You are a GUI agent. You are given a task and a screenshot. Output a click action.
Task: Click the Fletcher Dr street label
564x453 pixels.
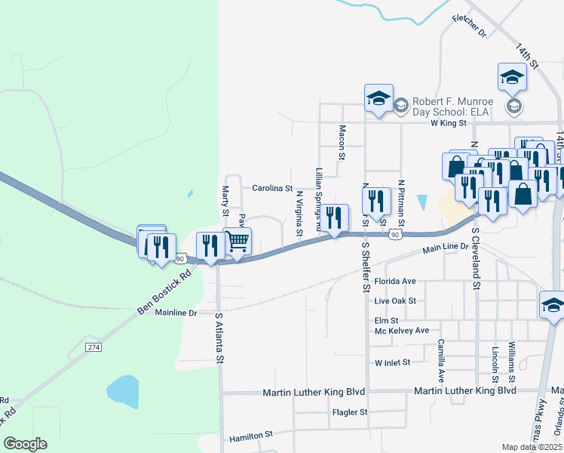[x=469, y=26]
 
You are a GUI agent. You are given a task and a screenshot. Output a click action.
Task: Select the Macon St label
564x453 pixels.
[x=342, y=143]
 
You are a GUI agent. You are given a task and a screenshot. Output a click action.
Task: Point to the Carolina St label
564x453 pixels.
[x=271, y=188]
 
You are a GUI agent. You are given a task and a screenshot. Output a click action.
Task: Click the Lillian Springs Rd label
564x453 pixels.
[x=320, y=199]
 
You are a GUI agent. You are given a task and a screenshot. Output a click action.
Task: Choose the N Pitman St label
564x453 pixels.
[x=402, y=202]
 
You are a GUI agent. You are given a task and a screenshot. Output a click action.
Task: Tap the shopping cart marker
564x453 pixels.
[x=238, y=242]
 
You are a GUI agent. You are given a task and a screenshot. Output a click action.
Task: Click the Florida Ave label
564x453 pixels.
[x=395, y=282]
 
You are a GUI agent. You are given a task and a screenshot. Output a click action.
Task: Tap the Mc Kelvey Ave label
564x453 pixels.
[x=401, y=331]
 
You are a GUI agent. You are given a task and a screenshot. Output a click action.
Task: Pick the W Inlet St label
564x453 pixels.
[x=392, y=362]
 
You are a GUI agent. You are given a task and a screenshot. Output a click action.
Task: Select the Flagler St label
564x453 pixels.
[x=349, y=412]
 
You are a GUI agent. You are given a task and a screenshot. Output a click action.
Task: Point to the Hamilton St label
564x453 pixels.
[x=250, y=436]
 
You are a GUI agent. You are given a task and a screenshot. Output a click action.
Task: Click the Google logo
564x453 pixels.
[x=25, y=443]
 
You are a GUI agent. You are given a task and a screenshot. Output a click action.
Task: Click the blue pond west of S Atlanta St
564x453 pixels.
[x=123, y=390]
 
